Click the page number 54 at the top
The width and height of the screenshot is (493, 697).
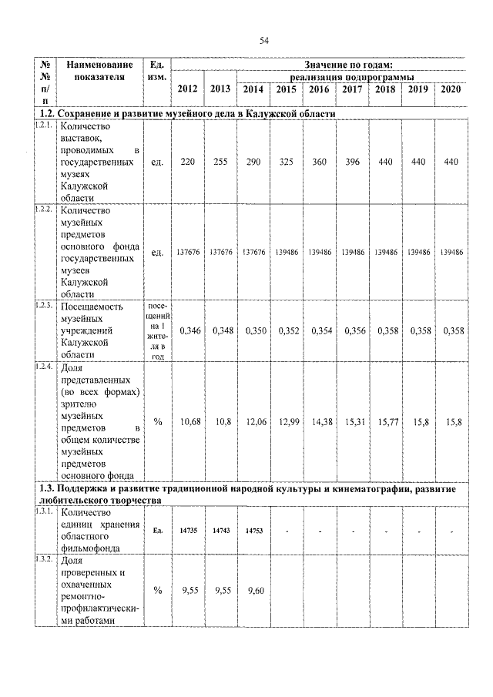(x=263, y=40)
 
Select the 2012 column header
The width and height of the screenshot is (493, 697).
(x=187, y=89)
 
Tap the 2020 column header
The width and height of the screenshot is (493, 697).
(x=451, y=89)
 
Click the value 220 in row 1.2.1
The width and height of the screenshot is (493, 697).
(x=187, y=163)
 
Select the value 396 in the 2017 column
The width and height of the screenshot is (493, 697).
(x=352, y=163)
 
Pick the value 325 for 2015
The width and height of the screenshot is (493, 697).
(x=287, y=163)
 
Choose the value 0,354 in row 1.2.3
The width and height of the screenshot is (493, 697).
(x=320, y=330)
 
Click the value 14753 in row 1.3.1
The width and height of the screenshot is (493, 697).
(x=253, y=531)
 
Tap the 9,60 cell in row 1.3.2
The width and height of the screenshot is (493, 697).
(x=253, y=591)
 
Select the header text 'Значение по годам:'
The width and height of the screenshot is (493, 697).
(x=348, y=65)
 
